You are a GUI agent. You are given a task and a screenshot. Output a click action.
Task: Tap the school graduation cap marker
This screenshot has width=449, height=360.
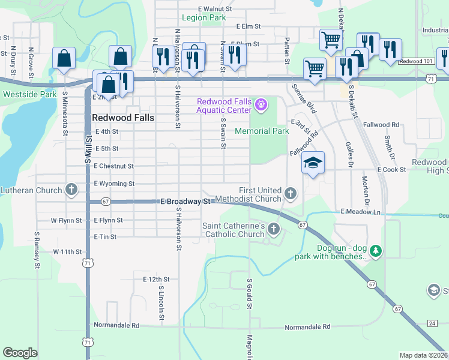pos(313,163)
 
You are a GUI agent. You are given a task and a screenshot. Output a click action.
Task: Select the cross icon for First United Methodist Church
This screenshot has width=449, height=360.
pos(291,193)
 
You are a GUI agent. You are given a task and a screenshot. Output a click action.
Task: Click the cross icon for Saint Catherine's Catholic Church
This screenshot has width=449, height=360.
pos(274,228)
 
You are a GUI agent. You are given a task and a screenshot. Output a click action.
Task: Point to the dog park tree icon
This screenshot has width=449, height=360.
pos(376,250)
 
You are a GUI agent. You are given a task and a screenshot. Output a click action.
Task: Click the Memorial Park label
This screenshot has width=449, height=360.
pos(262,131)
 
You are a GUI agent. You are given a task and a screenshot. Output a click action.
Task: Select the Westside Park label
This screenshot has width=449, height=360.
pos(29,94)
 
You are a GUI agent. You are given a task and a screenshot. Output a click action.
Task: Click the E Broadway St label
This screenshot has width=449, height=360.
pos(185,202)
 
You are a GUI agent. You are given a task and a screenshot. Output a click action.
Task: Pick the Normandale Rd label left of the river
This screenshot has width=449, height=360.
pos(116,325)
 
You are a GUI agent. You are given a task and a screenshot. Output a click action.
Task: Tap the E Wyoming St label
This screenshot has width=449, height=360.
pos(114,184)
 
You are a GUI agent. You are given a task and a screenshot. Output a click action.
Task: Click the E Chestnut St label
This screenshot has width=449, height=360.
pos(113,166)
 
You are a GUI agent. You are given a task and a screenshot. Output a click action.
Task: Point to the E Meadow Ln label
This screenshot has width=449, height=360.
pos(361,212)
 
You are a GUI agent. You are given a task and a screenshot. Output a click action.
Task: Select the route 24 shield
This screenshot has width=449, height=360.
pos(432,323)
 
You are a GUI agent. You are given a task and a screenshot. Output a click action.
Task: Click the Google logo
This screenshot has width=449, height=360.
pos(20,353)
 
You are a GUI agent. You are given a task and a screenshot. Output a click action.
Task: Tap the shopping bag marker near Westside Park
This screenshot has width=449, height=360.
pos(62,59)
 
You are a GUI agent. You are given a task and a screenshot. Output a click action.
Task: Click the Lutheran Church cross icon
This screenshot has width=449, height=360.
pos(71,190)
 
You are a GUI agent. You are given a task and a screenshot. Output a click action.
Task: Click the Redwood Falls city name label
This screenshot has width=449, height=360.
pos(123,118)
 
